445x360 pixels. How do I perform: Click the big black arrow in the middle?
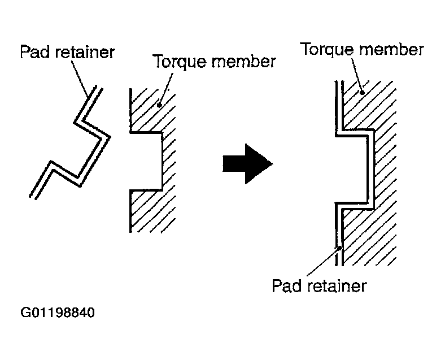click(247, 164)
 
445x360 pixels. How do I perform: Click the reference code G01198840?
click(58, 313)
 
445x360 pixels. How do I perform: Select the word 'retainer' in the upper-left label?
click(85, 52)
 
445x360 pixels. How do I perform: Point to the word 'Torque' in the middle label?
click(180, 62)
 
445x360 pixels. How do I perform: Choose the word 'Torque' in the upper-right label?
click(326, 49)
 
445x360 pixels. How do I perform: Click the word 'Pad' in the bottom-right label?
click(287, 285)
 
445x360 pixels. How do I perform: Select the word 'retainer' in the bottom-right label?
click(337, 285)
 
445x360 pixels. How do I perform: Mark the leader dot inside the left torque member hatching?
click(159, 105)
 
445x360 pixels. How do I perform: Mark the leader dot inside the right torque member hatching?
click(362, 93)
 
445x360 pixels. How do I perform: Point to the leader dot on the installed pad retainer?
click(339, 248)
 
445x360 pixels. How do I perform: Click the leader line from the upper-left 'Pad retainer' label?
click(80, 79)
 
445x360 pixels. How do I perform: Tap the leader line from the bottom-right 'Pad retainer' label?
click(323, 262)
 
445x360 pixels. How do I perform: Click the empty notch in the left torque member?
click(145, 161)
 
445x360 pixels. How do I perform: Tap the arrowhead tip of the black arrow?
click(273, 164)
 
